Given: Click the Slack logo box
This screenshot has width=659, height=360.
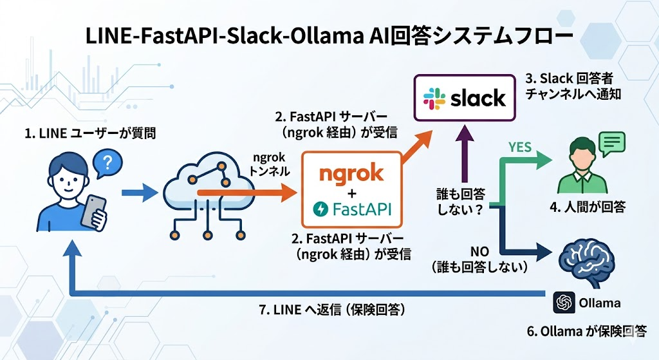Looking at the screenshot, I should [465, 99].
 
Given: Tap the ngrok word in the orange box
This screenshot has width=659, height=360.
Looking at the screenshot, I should [351, 173].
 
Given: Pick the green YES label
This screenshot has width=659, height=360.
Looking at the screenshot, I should [520, 147].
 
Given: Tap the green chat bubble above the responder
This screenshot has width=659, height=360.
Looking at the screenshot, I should [613, 144].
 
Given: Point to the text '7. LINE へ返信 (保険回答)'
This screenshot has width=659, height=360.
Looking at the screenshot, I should [331, 310].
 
